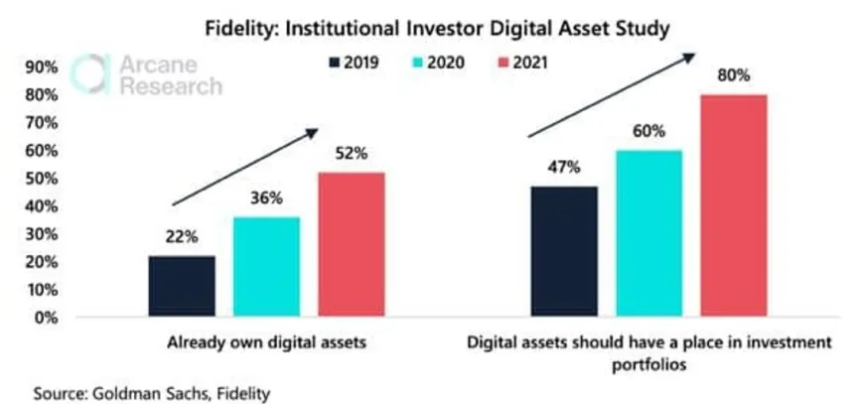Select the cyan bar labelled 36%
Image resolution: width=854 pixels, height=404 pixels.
(x=266, y=267)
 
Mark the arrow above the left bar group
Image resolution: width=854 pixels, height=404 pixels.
(x=244, y=167)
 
